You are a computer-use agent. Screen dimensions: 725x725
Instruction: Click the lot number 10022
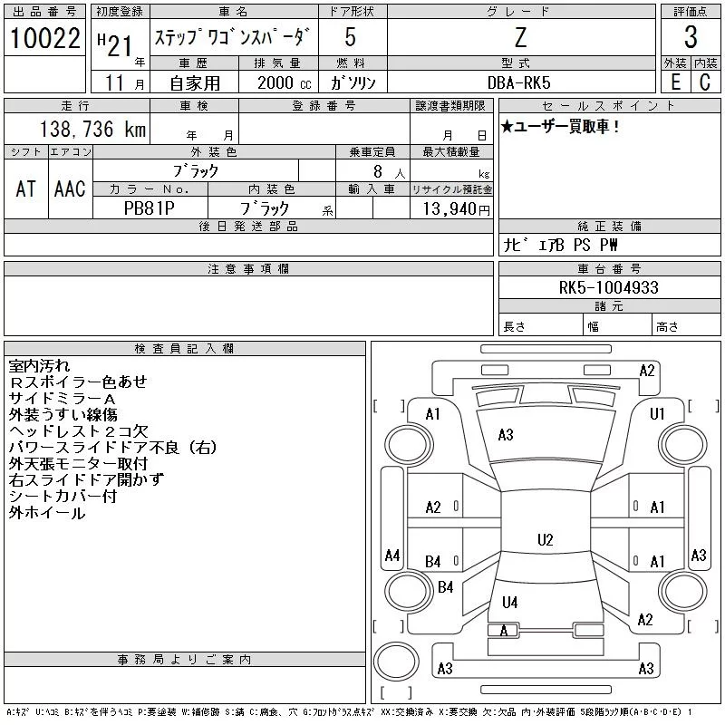[44, 39]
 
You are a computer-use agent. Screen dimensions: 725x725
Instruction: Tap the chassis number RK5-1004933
[608, 288]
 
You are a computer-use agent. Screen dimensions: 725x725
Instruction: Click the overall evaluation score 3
[691, 38]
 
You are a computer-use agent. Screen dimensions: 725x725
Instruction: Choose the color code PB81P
[150, 208]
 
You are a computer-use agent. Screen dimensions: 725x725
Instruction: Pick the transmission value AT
[25, 188]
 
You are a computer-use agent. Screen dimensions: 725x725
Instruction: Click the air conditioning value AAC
[70, 188]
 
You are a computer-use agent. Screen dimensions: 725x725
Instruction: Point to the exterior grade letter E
[674, 82]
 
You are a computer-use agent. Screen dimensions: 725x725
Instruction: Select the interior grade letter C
[704, 82]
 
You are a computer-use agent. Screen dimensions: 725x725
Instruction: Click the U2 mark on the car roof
[545, 540]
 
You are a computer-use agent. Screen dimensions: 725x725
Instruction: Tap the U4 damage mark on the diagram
[510, 602]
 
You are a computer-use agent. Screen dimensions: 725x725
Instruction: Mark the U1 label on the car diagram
[658, 414]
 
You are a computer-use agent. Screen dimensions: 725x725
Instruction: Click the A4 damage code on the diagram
[391, 556]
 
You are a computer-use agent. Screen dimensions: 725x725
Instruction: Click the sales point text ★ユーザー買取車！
[560, 128]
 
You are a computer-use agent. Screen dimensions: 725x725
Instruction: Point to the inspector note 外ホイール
[47, 513]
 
